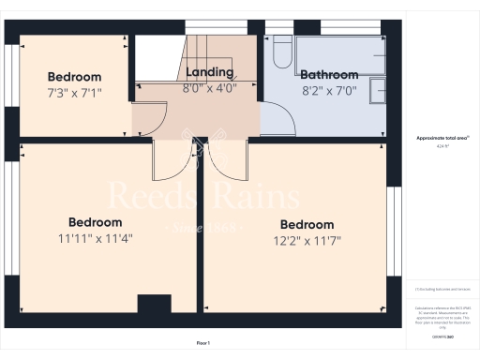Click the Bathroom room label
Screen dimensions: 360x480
[x=328, y=74]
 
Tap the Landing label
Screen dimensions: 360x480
[x=210, y=72]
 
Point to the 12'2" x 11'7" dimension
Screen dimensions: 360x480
[x=307, y=241]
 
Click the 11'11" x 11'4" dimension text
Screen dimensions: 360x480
[x=96, y=238]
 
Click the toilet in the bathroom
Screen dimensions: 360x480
[x=281, y=50]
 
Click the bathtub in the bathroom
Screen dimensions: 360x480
[x=337, y=53]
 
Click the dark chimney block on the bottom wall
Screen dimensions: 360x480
[x=155, y=306]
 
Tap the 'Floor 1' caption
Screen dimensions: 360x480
[x=203, y=344]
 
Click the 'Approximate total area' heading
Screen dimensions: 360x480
[x=443, y=138]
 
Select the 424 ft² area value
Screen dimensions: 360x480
[x=443, y=146]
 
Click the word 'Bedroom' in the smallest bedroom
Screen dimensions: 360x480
[x=74, y=76]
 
